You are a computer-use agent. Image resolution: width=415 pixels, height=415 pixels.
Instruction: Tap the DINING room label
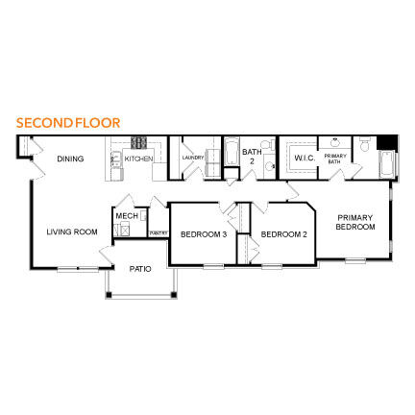70,159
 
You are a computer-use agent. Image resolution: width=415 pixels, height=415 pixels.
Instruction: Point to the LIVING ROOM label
72,232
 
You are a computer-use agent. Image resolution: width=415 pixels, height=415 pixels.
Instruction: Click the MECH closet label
127,216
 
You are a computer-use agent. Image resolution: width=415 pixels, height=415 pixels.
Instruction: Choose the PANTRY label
158,232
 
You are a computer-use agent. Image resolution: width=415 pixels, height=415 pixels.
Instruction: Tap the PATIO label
139,269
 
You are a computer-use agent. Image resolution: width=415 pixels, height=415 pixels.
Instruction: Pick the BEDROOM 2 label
284,233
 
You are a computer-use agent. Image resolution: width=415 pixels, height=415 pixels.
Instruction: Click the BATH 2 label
251,155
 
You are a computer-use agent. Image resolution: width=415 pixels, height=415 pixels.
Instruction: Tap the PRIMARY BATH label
334,159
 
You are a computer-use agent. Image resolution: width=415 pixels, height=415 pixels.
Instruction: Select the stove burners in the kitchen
138,142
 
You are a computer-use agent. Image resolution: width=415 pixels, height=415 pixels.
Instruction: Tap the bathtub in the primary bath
386,163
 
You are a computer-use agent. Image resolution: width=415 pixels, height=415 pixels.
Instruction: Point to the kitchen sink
115,161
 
